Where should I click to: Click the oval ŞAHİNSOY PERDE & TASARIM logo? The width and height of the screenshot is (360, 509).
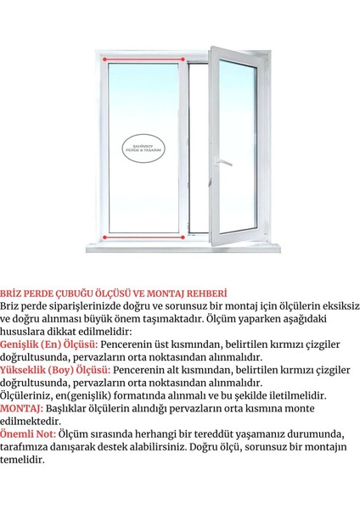pos(143,145)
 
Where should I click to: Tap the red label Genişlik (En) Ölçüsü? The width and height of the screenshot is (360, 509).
pos(50,344)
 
